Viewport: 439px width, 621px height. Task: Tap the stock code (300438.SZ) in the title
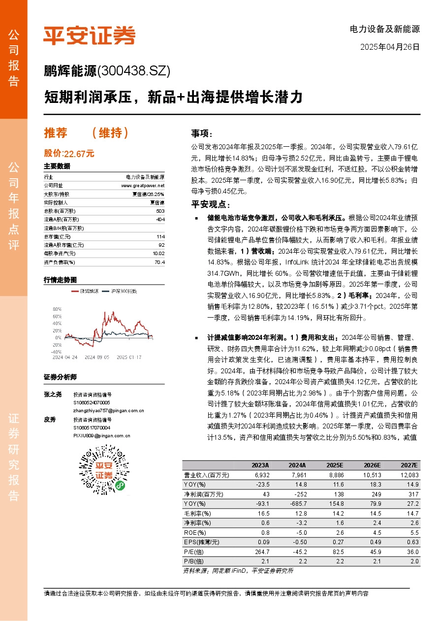[x=134, y=71]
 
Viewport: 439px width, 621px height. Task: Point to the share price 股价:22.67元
[x=69, y=153]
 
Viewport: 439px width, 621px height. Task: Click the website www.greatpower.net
[x=143, y=185]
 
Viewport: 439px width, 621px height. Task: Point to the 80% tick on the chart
[x=57, y=309]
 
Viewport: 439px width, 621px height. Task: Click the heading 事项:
[x=202, y=134]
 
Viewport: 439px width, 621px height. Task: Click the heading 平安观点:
[x=210, y=204]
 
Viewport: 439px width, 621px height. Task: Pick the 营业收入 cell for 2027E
[x=408, y=475]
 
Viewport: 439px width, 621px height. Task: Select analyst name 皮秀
[x=50, y=420]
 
